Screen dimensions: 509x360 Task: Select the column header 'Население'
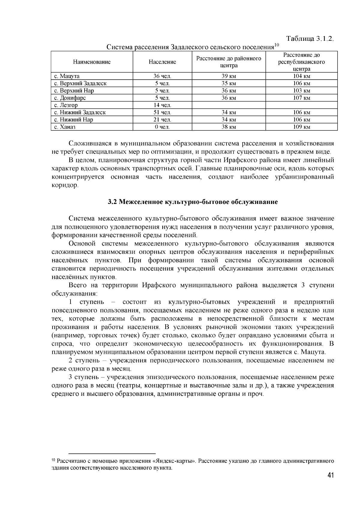162,62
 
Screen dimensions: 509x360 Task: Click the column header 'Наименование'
92,62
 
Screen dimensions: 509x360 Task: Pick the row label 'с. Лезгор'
66,105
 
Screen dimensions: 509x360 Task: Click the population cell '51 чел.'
162,112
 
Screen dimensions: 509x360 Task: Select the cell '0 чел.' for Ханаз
162,127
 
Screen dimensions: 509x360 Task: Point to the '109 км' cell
301,127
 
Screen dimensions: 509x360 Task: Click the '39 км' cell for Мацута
229,76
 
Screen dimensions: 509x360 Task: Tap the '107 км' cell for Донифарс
301,98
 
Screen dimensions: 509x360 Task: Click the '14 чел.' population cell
162,105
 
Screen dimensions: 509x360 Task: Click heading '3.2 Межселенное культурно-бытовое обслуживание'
193,202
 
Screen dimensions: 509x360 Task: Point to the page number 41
331,475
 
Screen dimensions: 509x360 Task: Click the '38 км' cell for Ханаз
229,127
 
